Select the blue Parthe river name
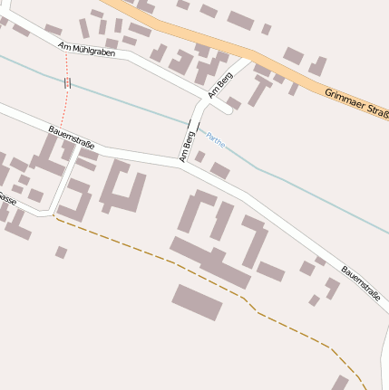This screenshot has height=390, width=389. pos(215,139)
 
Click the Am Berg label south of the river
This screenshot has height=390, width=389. pos(189,145)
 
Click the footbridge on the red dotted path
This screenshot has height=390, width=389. pos(67,83)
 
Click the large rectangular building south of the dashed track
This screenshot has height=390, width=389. pos(197,302)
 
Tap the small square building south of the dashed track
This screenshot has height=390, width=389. pos(61,252)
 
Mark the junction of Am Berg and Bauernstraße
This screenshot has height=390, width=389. pos(181,163)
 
